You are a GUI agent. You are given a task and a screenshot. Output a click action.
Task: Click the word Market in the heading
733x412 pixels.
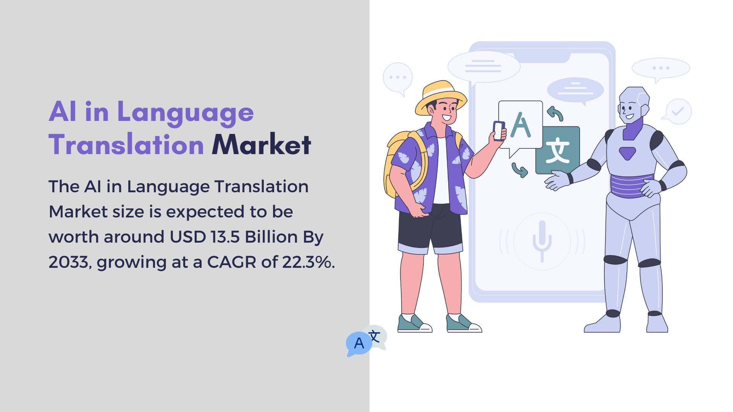point(262,145)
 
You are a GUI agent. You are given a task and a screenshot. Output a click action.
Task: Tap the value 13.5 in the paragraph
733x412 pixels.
point(225,237)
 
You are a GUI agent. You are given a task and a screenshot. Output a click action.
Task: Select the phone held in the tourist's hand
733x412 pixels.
point(499,131)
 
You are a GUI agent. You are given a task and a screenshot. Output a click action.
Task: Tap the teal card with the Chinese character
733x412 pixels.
point(558,150)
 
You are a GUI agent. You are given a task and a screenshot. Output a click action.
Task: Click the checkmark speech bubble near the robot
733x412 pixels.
point(677,111)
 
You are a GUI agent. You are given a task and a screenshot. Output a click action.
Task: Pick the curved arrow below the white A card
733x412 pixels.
point(520,170)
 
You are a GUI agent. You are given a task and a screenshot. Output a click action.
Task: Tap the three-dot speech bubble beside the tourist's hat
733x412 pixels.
point(398,78)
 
